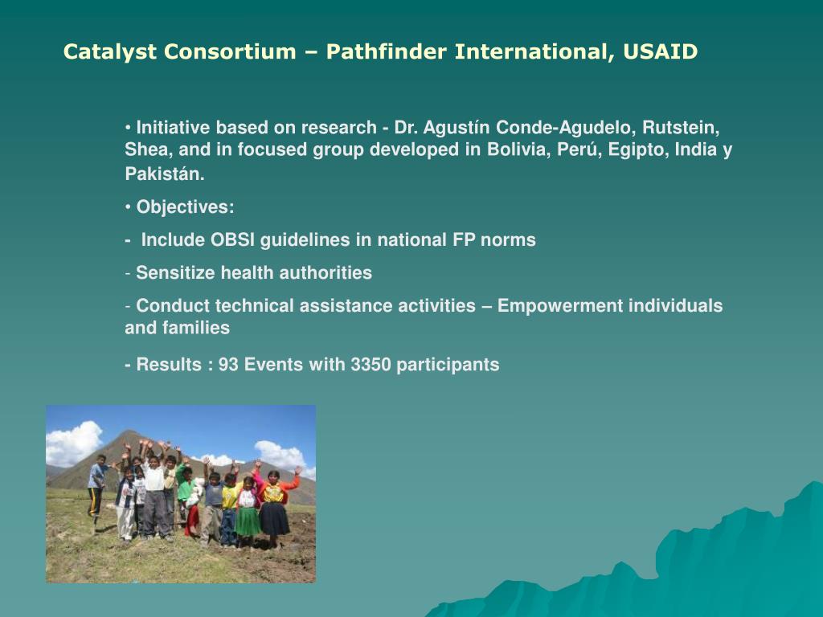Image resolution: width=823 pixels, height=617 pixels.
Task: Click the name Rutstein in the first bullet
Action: (681, 128)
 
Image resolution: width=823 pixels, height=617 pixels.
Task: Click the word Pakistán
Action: (165, 174)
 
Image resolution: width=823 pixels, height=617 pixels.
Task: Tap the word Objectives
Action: (185, 206)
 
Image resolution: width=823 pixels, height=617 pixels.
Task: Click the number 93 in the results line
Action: (228, 365)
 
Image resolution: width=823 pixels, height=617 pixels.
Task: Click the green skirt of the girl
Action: (248, 521)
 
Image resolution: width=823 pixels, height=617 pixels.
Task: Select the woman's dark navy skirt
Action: (273, 518)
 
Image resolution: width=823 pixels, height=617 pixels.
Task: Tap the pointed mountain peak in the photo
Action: (128, 433)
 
